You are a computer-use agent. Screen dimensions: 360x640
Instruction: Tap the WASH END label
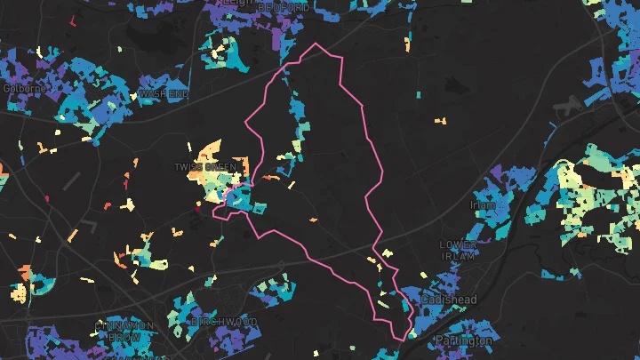164,92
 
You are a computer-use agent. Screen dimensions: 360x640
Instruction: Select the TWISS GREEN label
205,166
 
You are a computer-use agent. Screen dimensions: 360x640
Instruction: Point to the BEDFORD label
284,7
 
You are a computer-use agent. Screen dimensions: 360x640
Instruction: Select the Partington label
463,340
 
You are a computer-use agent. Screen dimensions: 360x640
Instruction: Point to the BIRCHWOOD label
223,321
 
